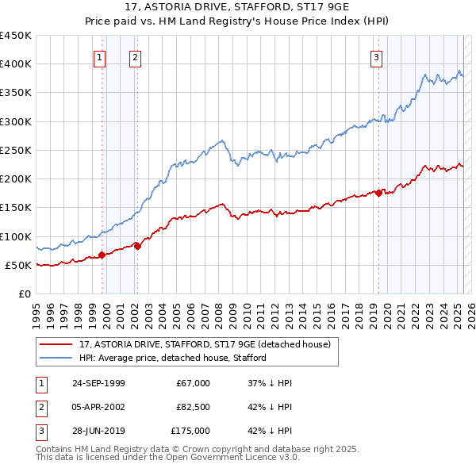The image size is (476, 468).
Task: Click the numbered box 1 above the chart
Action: pyautogui.click(x=100, y=56)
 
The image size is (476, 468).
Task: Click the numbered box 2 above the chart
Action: pyautogui.click(x=136, y=56)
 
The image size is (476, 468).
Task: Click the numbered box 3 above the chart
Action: pyautogui.click(x=376, y=56)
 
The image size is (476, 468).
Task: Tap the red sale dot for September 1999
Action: pyautogui.click(x=102, y=255)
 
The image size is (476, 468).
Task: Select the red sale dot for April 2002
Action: pyautogui.click(x=137, y=246)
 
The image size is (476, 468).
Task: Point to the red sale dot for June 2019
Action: pyautogui.click(x=379, y=193)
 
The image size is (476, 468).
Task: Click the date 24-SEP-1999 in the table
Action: pyautogui.click(x=98, y=383)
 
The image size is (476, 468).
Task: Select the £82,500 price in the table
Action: pyautogui.click(x=193, y=407)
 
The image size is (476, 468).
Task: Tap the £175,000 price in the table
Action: pyautogui.click(x=190, y=431)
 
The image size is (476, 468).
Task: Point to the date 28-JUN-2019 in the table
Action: pyautogui.click(x=98, y=431)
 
